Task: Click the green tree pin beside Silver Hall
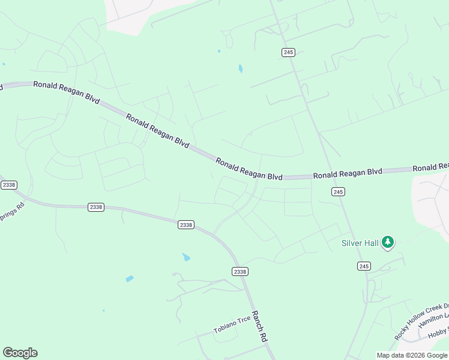click(x=388, y=242)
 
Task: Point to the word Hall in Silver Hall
click(x=370, y=243)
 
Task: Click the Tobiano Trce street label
click(x=232, y=324)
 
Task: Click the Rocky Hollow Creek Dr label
click(x=421, y=322)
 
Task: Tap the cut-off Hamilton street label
click(x=434, y=319)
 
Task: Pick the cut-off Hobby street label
click(x=439, y=333)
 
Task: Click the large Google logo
click(x=20, y=352)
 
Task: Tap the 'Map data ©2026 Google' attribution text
click(x=412, y=355)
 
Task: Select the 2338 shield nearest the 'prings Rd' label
click(x=9, y=185)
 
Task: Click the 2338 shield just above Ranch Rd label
click(x=240, y=272)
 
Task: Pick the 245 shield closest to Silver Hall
click(x=364, y=266)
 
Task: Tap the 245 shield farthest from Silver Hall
click(x=288, y=52)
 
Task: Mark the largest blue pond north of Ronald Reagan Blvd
click(x=240, y=68)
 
